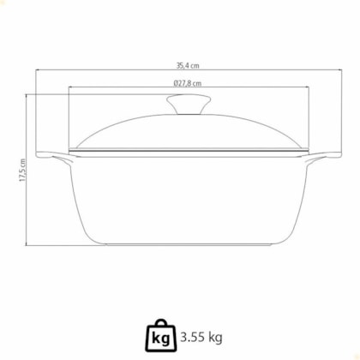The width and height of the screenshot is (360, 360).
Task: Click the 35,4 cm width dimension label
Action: (x=188, y=66)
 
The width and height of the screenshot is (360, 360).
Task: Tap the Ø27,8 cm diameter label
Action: (x=188, y=83)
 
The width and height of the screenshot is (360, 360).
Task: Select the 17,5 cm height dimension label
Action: (x=22, y=171)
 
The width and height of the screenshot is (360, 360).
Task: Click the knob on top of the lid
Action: (x=189, y=105)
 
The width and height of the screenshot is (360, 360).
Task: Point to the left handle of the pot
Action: (x=53, y=156)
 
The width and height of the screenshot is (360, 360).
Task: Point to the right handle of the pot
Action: (x=325, y=156)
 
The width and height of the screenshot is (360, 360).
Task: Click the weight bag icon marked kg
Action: (x=161, y=336)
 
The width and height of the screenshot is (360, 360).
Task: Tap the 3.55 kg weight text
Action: (x=201, y=338)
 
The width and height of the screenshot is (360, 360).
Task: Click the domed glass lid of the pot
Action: (x=189, y=131)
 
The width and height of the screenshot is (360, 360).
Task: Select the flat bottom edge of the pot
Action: (x=189, y=244)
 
